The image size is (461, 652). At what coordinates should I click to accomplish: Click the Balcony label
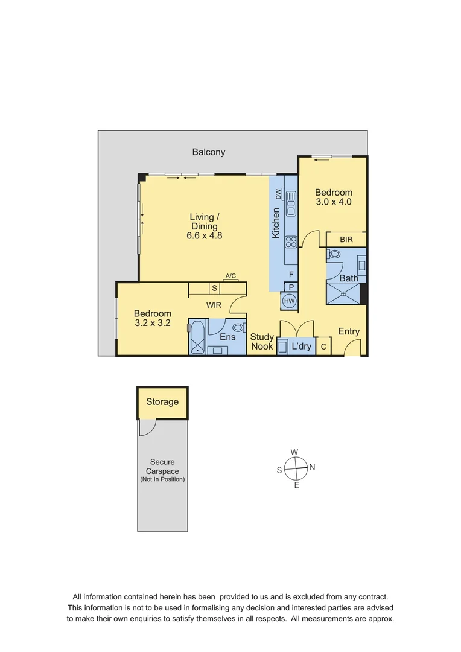tap(209, 152)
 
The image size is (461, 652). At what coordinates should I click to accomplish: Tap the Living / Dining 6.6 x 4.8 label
tap(205, 226)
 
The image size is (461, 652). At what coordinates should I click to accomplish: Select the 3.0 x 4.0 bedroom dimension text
tap(333, 202)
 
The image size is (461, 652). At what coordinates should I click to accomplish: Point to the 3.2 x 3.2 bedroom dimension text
tap(152, 323)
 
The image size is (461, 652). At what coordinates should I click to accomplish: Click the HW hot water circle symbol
tap(290, 301)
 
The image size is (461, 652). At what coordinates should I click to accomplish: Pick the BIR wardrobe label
tap(346, 240)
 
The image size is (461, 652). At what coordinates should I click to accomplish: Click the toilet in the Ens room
tap(238, 327)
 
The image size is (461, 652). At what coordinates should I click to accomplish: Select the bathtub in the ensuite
tap(197, 339)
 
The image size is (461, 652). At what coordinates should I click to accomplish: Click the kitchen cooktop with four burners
tap(291, 241)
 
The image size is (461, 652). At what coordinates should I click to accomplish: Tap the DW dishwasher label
tap(279, 194)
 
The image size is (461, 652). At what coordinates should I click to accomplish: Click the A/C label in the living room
tap(230, 276)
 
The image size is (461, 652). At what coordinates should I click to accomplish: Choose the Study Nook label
tap(262, 342)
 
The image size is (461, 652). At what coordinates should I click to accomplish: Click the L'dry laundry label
tap(301, 347)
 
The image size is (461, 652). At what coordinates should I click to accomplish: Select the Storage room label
tap(162, 402)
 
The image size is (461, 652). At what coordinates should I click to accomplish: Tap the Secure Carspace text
tap(162, 467)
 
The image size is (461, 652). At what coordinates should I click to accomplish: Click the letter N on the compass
tap(312, 467)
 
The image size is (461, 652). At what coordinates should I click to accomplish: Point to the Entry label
tap(349, 331)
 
